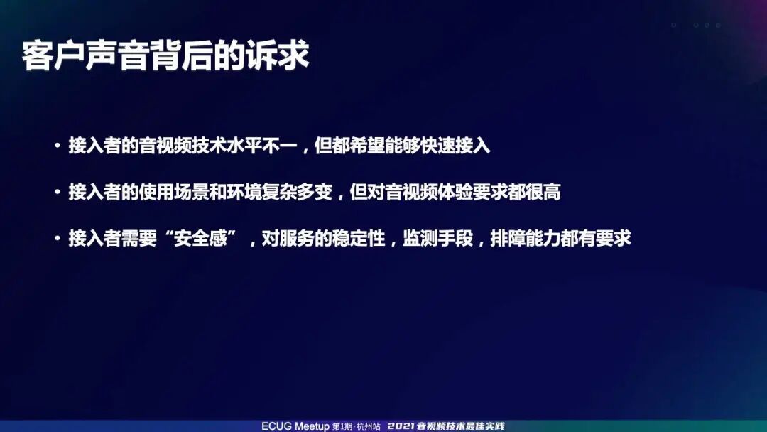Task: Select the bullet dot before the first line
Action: tap(57, 147)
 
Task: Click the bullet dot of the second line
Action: tap(57, 193)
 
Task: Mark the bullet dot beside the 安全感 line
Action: tap(57, 239)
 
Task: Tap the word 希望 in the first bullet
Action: tap(368, 147)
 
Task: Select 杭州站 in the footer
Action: tap(368, 426)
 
